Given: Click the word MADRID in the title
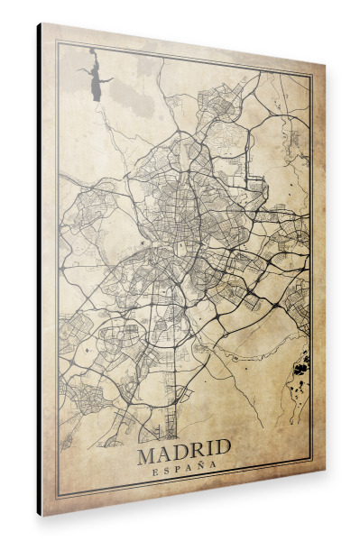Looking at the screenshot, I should [x=184, y=448].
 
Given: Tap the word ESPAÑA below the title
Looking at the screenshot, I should [x=185, y=466].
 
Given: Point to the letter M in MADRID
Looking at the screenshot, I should [x=148, y=449].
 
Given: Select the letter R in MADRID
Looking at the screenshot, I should [x=197, y=448].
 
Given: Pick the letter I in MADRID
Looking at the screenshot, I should [x=209, y=447].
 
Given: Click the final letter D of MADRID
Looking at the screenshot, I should [x=222, y=446].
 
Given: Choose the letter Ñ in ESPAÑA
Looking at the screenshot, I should [x=200, y=465].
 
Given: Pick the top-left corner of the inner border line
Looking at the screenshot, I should [x=59, y=42].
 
